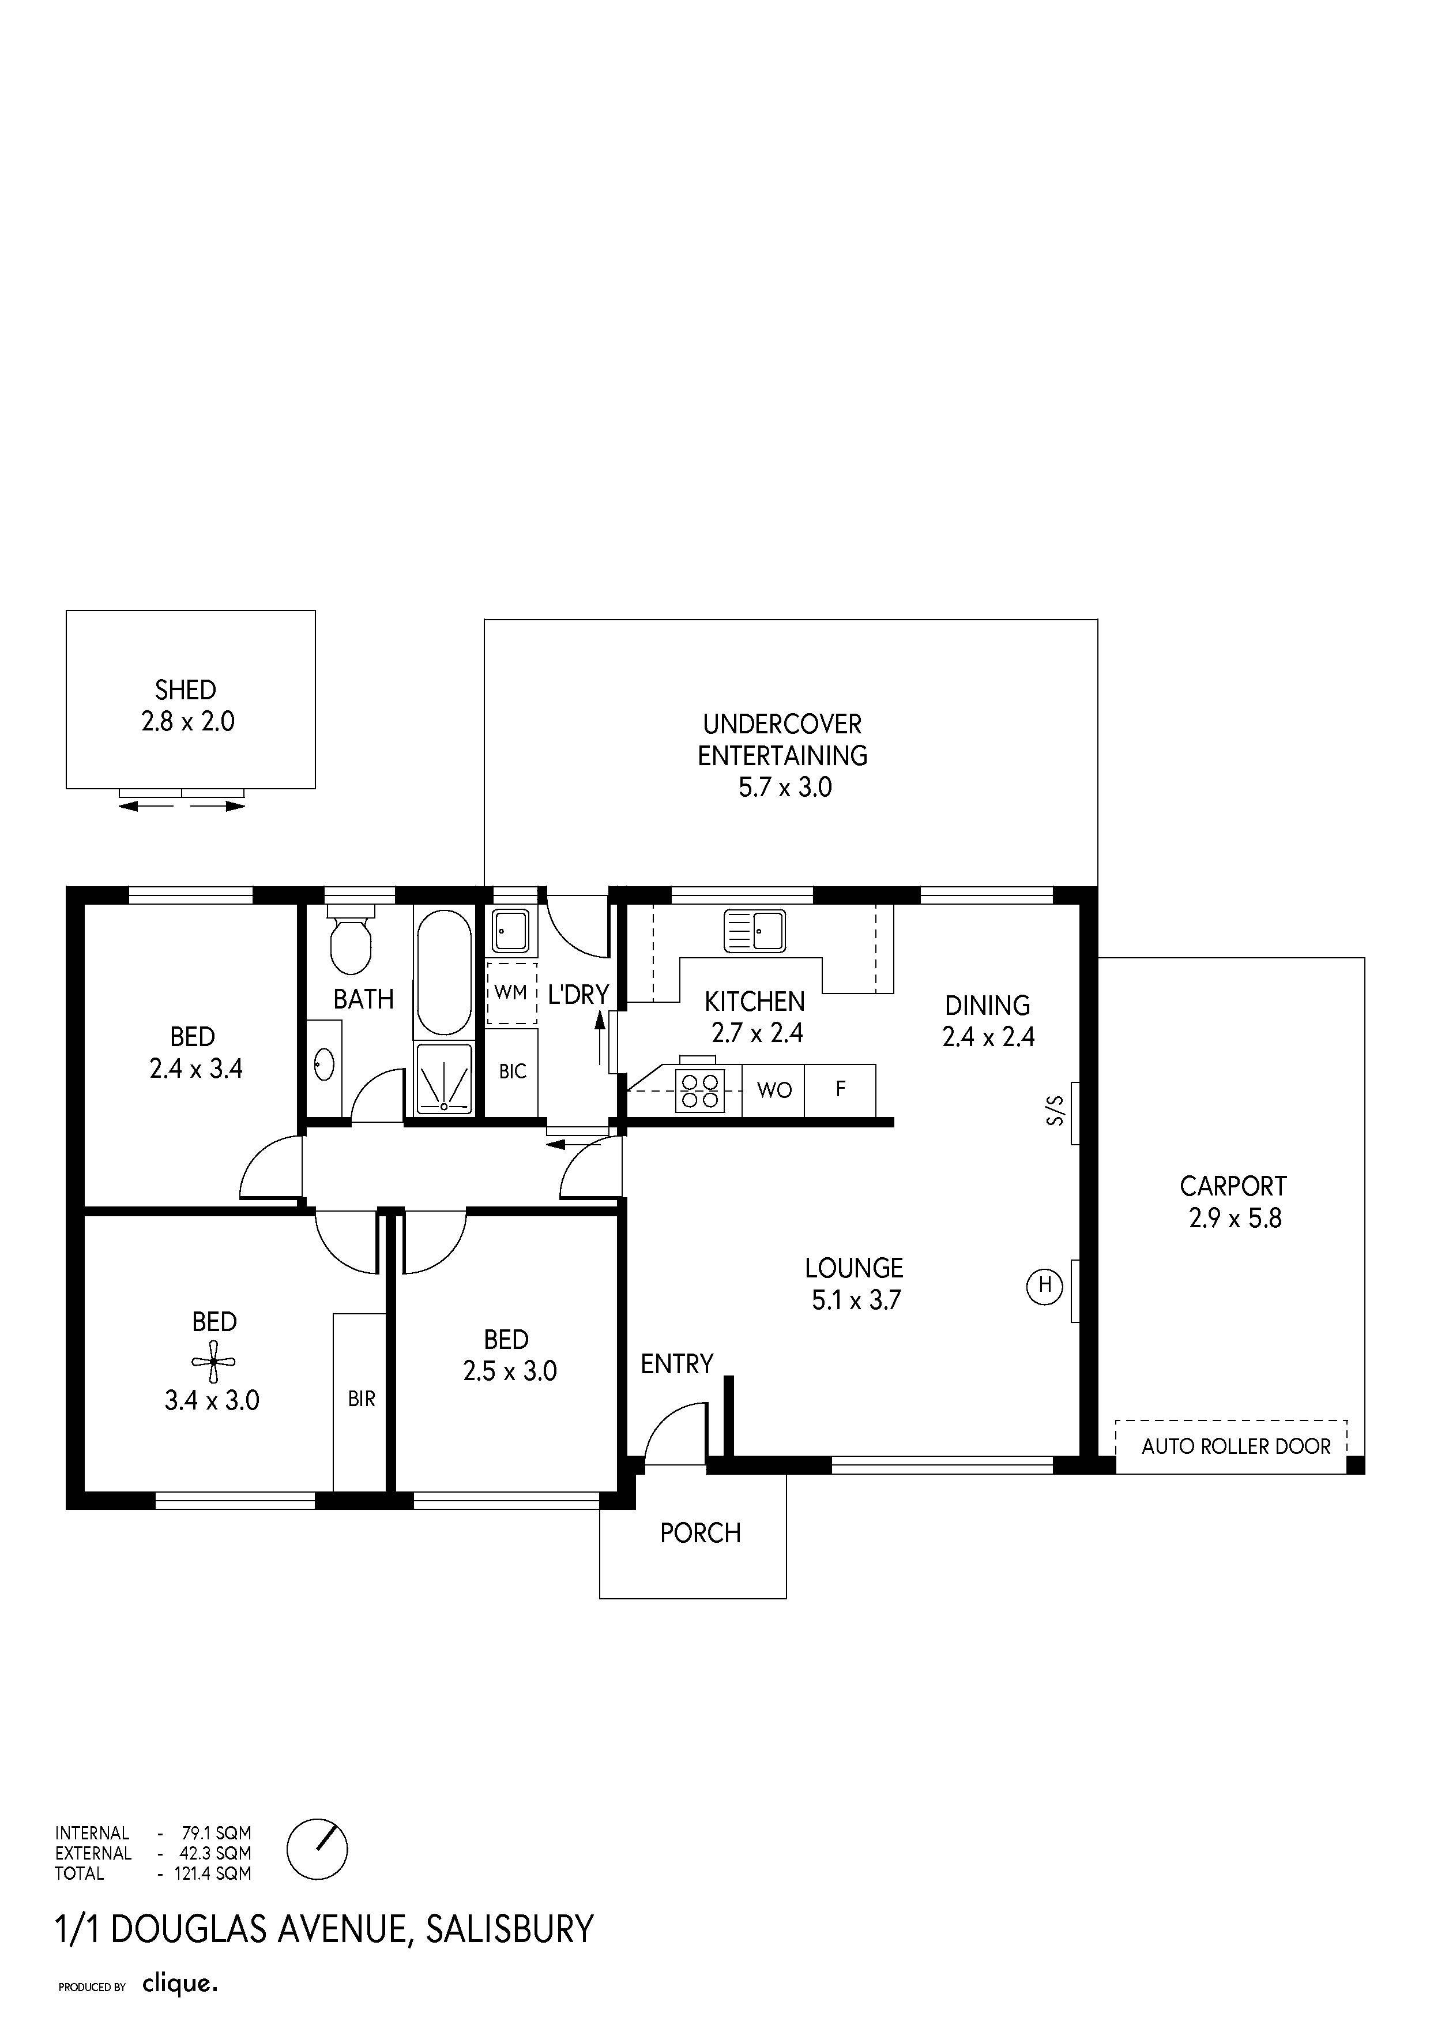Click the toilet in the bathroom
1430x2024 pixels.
pos(351,939)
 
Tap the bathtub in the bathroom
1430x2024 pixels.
pos(444,972)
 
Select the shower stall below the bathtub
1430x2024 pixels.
pos(444,1078)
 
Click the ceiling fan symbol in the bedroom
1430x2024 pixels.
pos(213,1362)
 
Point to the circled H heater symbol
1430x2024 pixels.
pos(1044,1285)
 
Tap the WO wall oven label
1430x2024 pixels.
pos(774,1090)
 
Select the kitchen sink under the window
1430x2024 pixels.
pos(754,931)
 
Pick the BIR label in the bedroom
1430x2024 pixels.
pos(361,1399)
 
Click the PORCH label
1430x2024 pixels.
pos(701,1533)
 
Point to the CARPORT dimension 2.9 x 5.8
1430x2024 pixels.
pos(1235,1219)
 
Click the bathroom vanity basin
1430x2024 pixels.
pos(323,1065)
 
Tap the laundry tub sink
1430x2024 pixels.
pos(510,930)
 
